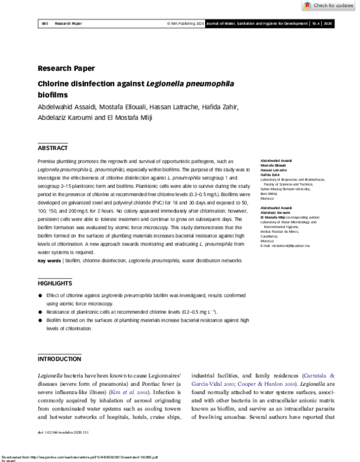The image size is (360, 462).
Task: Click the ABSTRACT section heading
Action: pos(53,148)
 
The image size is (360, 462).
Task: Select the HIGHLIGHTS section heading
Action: pos(55,283)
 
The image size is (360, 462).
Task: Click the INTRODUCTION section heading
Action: pos(59,359)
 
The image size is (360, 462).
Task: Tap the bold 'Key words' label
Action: pos(49,260)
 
